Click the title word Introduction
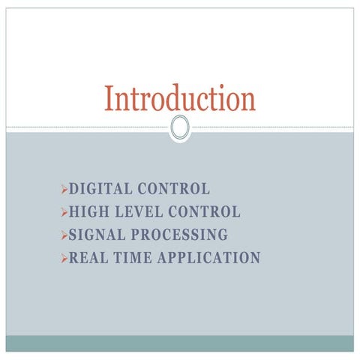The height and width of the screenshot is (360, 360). (180, 98)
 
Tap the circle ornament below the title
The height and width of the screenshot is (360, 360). (180, 127)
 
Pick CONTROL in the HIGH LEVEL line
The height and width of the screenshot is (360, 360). (204, 212)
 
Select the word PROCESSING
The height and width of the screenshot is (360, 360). (179, 235)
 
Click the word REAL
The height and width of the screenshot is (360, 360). (89, 258)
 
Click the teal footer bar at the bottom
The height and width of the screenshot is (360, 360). (180, 343)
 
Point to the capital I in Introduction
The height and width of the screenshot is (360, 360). (109, 98)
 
